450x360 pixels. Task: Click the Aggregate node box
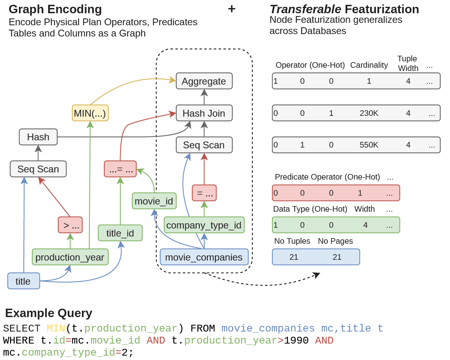tap(204, 81)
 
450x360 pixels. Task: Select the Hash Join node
tap(204, 113)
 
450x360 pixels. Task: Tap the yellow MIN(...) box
tap(90, 113)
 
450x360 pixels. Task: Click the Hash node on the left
tap(38, 137)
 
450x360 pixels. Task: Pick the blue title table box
tap(23, 281)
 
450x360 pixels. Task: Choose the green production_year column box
tap(70, 257)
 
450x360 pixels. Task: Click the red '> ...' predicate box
tap(70, 225)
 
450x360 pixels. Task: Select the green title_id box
tap(120, 233)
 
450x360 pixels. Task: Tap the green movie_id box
tap(154, 201)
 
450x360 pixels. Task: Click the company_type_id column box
tap(204, 225)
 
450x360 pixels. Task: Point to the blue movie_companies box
tap(204, 257)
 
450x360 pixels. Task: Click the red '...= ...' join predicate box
tap(120, 169)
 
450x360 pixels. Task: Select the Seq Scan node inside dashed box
tap(204, 145)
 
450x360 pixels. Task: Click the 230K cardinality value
tap(369, 113)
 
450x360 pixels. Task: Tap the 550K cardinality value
tap(369, 145)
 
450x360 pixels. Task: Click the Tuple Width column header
tap(407, 63)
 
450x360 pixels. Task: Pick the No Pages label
tap(335, 241)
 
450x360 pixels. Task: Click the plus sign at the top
tap(231, 8)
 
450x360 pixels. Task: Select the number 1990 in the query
tap(296, 341)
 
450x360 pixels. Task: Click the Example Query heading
tap(49, 313)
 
